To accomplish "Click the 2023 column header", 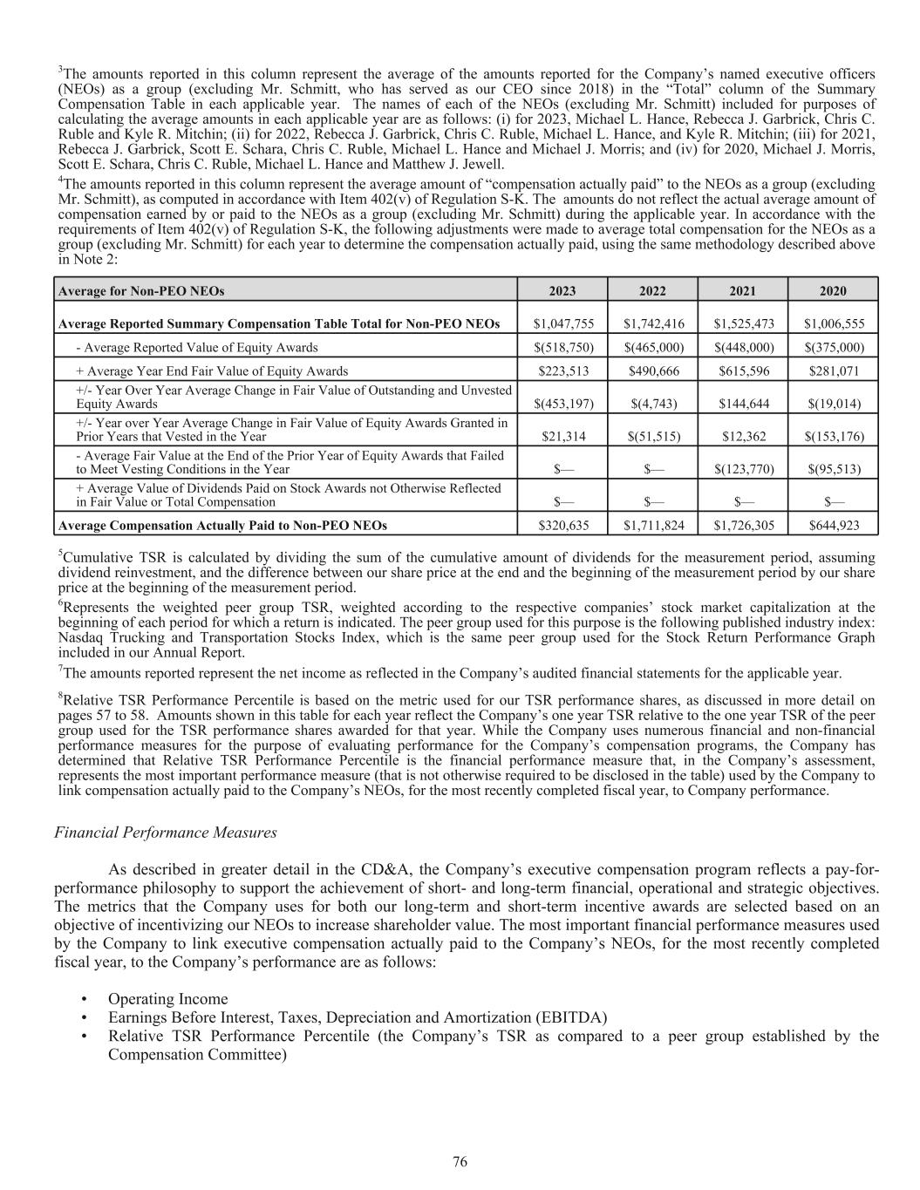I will coord(562,291).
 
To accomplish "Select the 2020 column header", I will coord(832,291).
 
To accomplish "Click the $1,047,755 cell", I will coord(563,323).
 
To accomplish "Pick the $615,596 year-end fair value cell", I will coord(743,371).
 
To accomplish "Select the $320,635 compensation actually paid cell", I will coord(563,525).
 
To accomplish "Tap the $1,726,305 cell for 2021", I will coord(743,525).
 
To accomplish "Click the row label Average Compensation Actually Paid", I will coord(222,525).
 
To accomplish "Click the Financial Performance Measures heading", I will coord(166,832).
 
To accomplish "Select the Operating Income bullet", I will coord(167,998).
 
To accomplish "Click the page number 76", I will coord(460,1161).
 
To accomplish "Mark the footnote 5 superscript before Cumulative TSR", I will coord(60,553).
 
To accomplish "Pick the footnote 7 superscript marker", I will coord(60,668).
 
